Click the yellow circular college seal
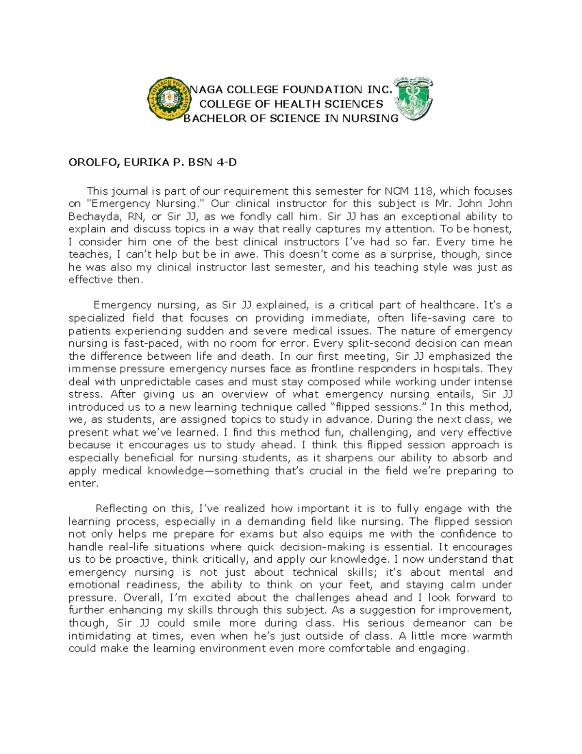pyautogui.click(x=169, y=100)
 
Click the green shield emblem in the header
pyautogui.click(x=414, y=99)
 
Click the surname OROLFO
pyautogui.click(x=93, y=163)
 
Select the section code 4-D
pyautogui.click(x=226, y=163)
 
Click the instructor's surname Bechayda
pyautogui.click(x=95, y=217)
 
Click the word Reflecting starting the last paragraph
pyautogui.click(x=121, y=509)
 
